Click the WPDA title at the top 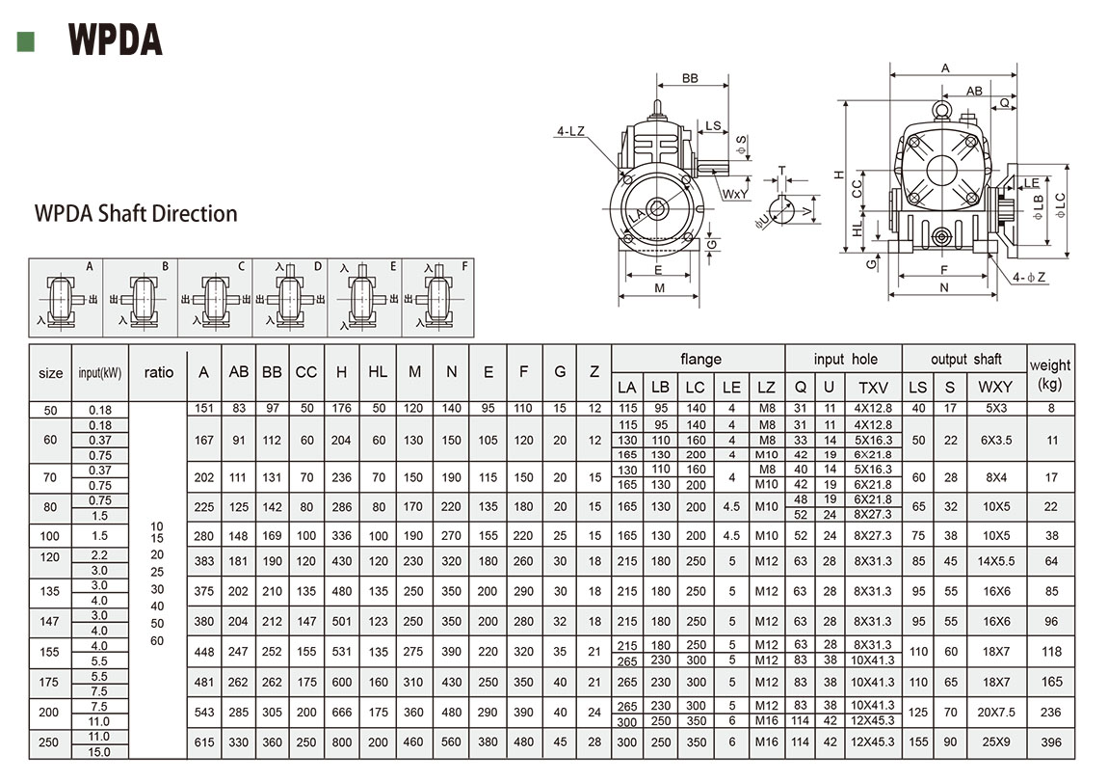coord(115,40)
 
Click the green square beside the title coord(26,40)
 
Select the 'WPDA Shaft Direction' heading coord(136,213)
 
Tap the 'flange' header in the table coord(699,359)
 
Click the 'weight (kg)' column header coord(1049,373)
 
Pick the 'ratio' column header coord(158,372)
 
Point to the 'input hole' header coord(843,359)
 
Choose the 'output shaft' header coord(965,359)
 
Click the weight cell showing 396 coord(1050,743)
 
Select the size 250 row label coord(50,743)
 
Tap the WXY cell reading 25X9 coord(995,743)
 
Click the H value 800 coord(342,743)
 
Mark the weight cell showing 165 coord(1050,682)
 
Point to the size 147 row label coord(50,622)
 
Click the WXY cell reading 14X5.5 coord(995,560)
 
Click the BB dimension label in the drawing coord(690,78)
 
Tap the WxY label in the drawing coord(736,194)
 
